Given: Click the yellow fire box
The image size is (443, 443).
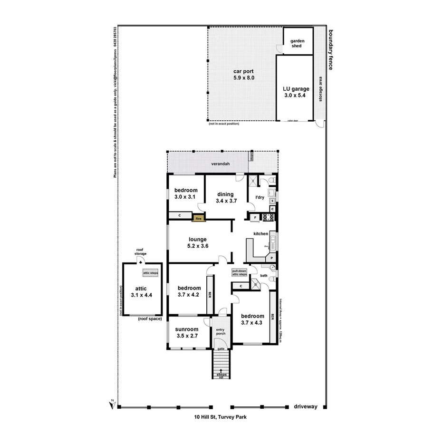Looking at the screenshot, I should pyautogui.click(x=199, y=218).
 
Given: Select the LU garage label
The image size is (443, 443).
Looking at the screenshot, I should pyautogui.click(x=296, y=88).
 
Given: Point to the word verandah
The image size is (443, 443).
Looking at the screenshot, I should pyautogui.click(x=221, y=164).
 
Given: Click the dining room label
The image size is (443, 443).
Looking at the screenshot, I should pyautogui.click(x=225, y=194).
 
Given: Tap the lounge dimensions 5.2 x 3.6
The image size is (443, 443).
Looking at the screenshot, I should pyautogui.click(x=198, y=246).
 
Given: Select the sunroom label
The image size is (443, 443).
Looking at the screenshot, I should pyautogui.click(x=186, y=329).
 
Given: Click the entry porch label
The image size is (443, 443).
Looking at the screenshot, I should pyautogui.click(x=221, y=331).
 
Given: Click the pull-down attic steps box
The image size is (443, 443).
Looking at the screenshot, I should pyautogui.click(x=239, y=273).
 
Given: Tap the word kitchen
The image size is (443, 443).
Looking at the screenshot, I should pyautogui.click(x=261, y=233).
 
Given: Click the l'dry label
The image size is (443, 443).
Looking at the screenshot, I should pyautogui.click(x=260, y=197).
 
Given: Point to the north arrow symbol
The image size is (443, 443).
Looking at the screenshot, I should pyautogui.click(x=112, y=403).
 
